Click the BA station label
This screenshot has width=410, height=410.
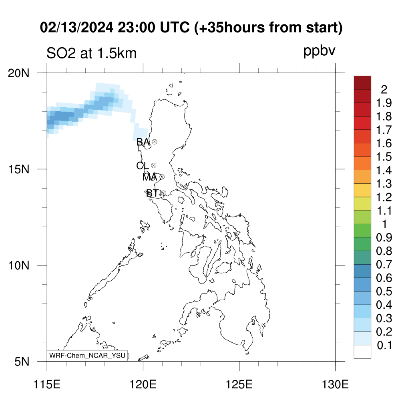click(x=143, y=142)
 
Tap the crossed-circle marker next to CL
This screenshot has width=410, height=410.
click(x=154, y=165)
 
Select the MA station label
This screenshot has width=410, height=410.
click(x=150, y=177)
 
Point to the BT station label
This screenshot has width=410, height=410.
click(x=153, y=193)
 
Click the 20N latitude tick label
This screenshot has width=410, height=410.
click(x=18, y=73)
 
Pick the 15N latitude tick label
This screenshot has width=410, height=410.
click(x=18, y=169)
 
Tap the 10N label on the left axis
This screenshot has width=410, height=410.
click(x=18, y=265)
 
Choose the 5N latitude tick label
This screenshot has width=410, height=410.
click(x=22, y=362)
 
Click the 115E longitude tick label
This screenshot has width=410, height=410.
click(x=47, y=384)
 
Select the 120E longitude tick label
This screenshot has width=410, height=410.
click(x=143, y=384)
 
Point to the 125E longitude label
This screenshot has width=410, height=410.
click(x=239, y=384)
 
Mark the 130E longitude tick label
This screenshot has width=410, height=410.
click(x=335, y=384)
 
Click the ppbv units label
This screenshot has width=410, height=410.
click(x=319, y=51)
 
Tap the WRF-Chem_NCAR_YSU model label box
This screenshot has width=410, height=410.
click(x=87, y=356)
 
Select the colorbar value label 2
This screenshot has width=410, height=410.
click(x=384, y=90)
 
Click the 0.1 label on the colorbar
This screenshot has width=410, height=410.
click(x=384, y=346)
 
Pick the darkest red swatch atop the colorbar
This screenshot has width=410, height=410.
click(x=362, y=82)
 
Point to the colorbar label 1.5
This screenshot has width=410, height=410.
click(x=384, y=157)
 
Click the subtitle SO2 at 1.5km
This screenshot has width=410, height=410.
click(x=92, y=53)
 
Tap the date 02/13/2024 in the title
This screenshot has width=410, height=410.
click(x=76, y=27)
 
